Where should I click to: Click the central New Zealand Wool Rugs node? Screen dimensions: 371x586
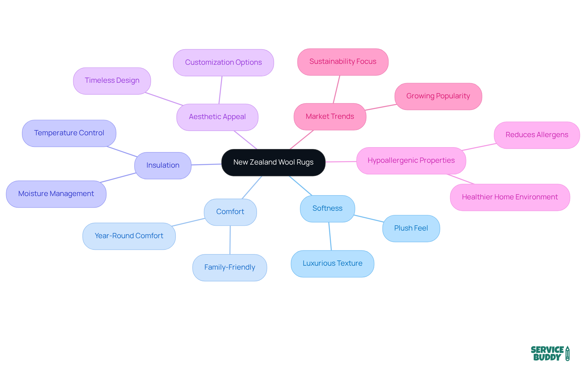coord(273,162)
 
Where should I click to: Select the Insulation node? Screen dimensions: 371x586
coord(163,165)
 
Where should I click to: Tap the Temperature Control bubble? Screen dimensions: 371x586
coord(69,133)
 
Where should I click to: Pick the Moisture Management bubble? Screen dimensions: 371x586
coord(56,194)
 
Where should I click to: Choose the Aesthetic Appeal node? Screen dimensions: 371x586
coord(217,117)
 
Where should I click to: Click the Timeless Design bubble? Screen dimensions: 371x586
coord(112,81)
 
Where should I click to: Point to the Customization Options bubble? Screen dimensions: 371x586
coord(223,63)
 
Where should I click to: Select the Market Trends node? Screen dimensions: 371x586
coord(330,117)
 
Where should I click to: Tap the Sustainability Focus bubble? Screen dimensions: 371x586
coord(343,62)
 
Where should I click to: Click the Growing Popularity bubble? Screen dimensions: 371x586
coord(438,96)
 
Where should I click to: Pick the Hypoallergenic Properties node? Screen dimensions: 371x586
coord(411,161)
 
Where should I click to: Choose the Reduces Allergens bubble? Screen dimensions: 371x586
coord(537,135)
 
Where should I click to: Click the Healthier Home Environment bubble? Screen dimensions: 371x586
coord(510,197)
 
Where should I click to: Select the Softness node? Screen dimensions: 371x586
coord(327,209)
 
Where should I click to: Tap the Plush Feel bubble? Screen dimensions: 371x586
coord(411,228)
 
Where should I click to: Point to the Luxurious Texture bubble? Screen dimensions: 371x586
coord(332,264)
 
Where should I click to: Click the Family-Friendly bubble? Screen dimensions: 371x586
coord(230,267)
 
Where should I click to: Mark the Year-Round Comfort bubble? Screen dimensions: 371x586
coord(129,236)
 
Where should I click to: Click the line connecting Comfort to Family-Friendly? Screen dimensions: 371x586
coord(230,240)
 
